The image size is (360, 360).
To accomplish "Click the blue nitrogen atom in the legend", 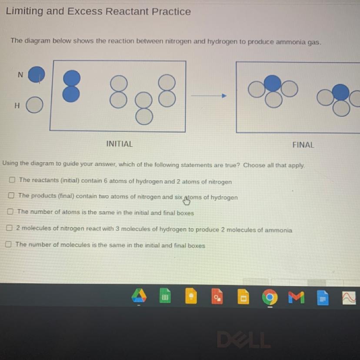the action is (36, 74).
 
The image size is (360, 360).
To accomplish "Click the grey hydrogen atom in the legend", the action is (34, 105).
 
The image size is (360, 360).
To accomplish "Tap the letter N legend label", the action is (20, 75).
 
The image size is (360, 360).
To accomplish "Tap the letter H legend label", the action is (17, 106).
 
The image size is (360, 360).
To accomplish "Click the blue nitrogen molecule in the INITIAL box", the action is (71, 86).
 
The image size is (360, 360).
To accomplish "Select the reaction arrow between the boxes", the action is (209, 96).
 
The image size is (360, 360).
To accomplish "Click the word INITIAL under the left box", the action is (120, 144).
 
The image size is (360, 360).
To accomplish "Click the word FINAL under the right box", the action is (303, 145).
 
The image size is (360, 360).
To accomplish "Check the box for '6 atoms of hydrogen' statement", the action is (12, 180).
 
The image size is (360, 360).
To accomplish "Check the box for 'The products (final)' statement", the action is (11, 195).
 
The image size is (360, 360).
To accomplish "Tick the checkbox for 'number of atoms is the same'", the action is (10, 211).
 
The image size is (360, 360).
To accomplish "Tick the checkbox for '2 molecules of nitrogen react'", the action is (9, 228).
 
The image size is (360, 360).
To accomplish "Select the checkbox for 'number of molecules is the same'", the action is (8, 244).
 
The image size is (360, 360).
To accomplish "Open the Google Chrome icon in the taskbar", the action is (270, 297).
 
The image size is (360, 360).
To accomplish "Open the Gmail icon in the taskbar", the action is (297, 297).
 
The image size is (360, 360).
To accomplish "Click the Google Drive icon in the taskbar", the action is (139, 296).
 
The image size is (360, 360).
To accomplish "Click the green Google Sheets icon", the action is (165, 296).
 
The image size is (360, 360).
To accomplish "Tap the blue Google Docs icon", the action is (323, 298).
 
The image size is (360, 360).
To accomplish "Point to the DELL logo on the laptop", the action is (244, 340).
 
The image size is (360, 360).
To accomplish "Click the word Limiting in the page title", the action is (24, 11).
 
